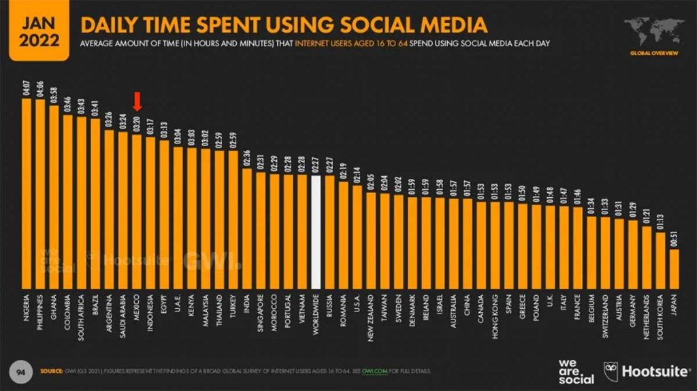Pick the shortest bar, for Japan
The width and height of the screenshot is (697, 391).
coord(674,269)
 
